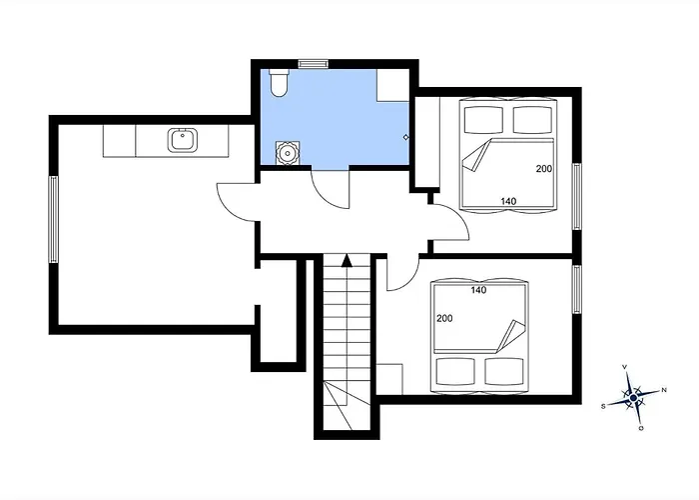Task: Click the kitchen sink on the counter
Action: click(x=182, y=139)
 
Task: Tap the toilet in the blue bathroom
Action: click(x=278, y=83)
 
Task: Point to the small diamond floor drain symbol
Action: click(x=405, y=136)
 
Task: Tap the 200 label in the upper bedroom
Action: click(x=544, y=168)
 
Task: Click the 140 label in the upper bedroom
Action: click(x=508, y=202)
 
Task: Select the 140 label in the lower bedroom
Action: click(x=477, y=290)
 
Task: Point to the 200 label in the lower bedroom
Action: click(x=443, y=318)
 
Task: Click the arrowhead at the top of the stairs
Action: click(x=347, y=260)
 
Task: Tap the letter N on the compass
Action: click(x=664, y=390)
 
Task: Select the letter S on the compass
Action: click(x=603, y=406)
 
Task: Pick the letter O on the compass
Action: click(x=641, y=428)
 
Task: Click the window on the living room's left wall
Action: click(x=54, y=218)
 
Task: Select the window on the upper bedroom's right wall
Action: click(x=576, y=196)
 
